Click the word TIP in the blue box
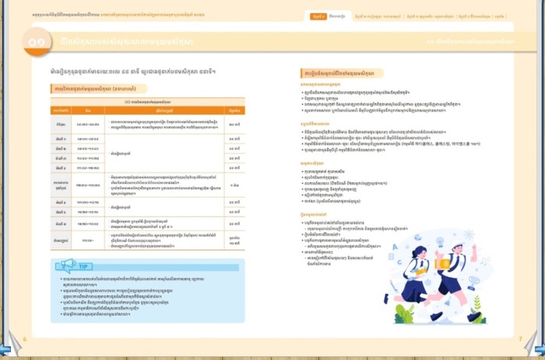pos(83,266)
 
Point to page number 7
pos(520,338)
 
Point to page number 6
pos(25,338)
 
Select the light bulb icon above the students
pos(440,242)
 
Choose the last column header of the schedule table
pos(234,111)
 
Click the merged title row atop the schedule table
pos(148,101)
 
